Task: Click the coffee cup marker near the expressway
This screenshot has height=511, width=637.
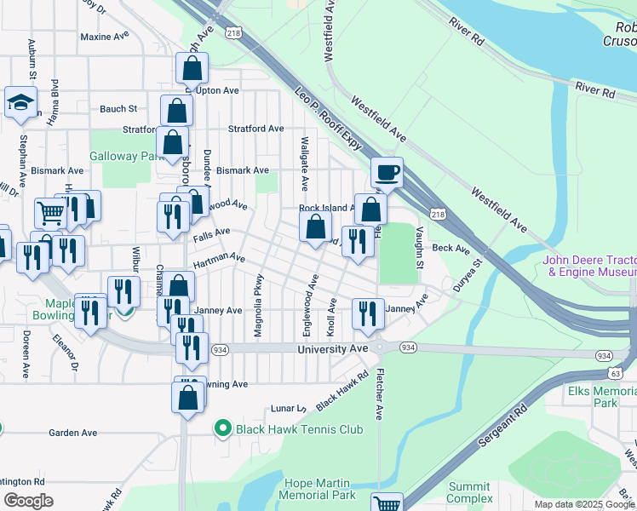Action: click(387, 173)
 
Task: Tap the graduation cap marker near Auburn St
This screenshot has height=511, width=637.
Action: click(20, 104)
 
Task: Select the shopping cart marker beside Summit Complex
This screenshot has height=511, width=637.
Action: click(387, 504)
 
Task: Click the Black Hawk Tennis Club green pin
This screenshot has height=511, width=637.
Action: click(224, 428)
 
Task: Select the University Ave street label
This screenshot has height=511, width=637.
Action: click(333, 349)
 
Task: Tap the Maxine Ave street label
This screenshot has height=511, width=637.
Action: click(103, 37)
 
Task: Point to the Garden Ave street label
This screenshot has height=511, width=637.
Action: click(71, 433)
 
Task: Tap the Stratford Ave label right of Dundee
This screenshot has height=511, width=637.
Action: click(255, 129)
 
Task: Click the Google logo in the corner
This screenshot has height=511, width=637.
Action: click(29, 501)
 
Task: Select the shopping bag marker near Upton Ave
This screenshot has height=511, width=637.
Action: click(192, 69)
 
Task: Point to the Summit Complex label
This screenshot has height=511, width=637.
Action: click(470, 491)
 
